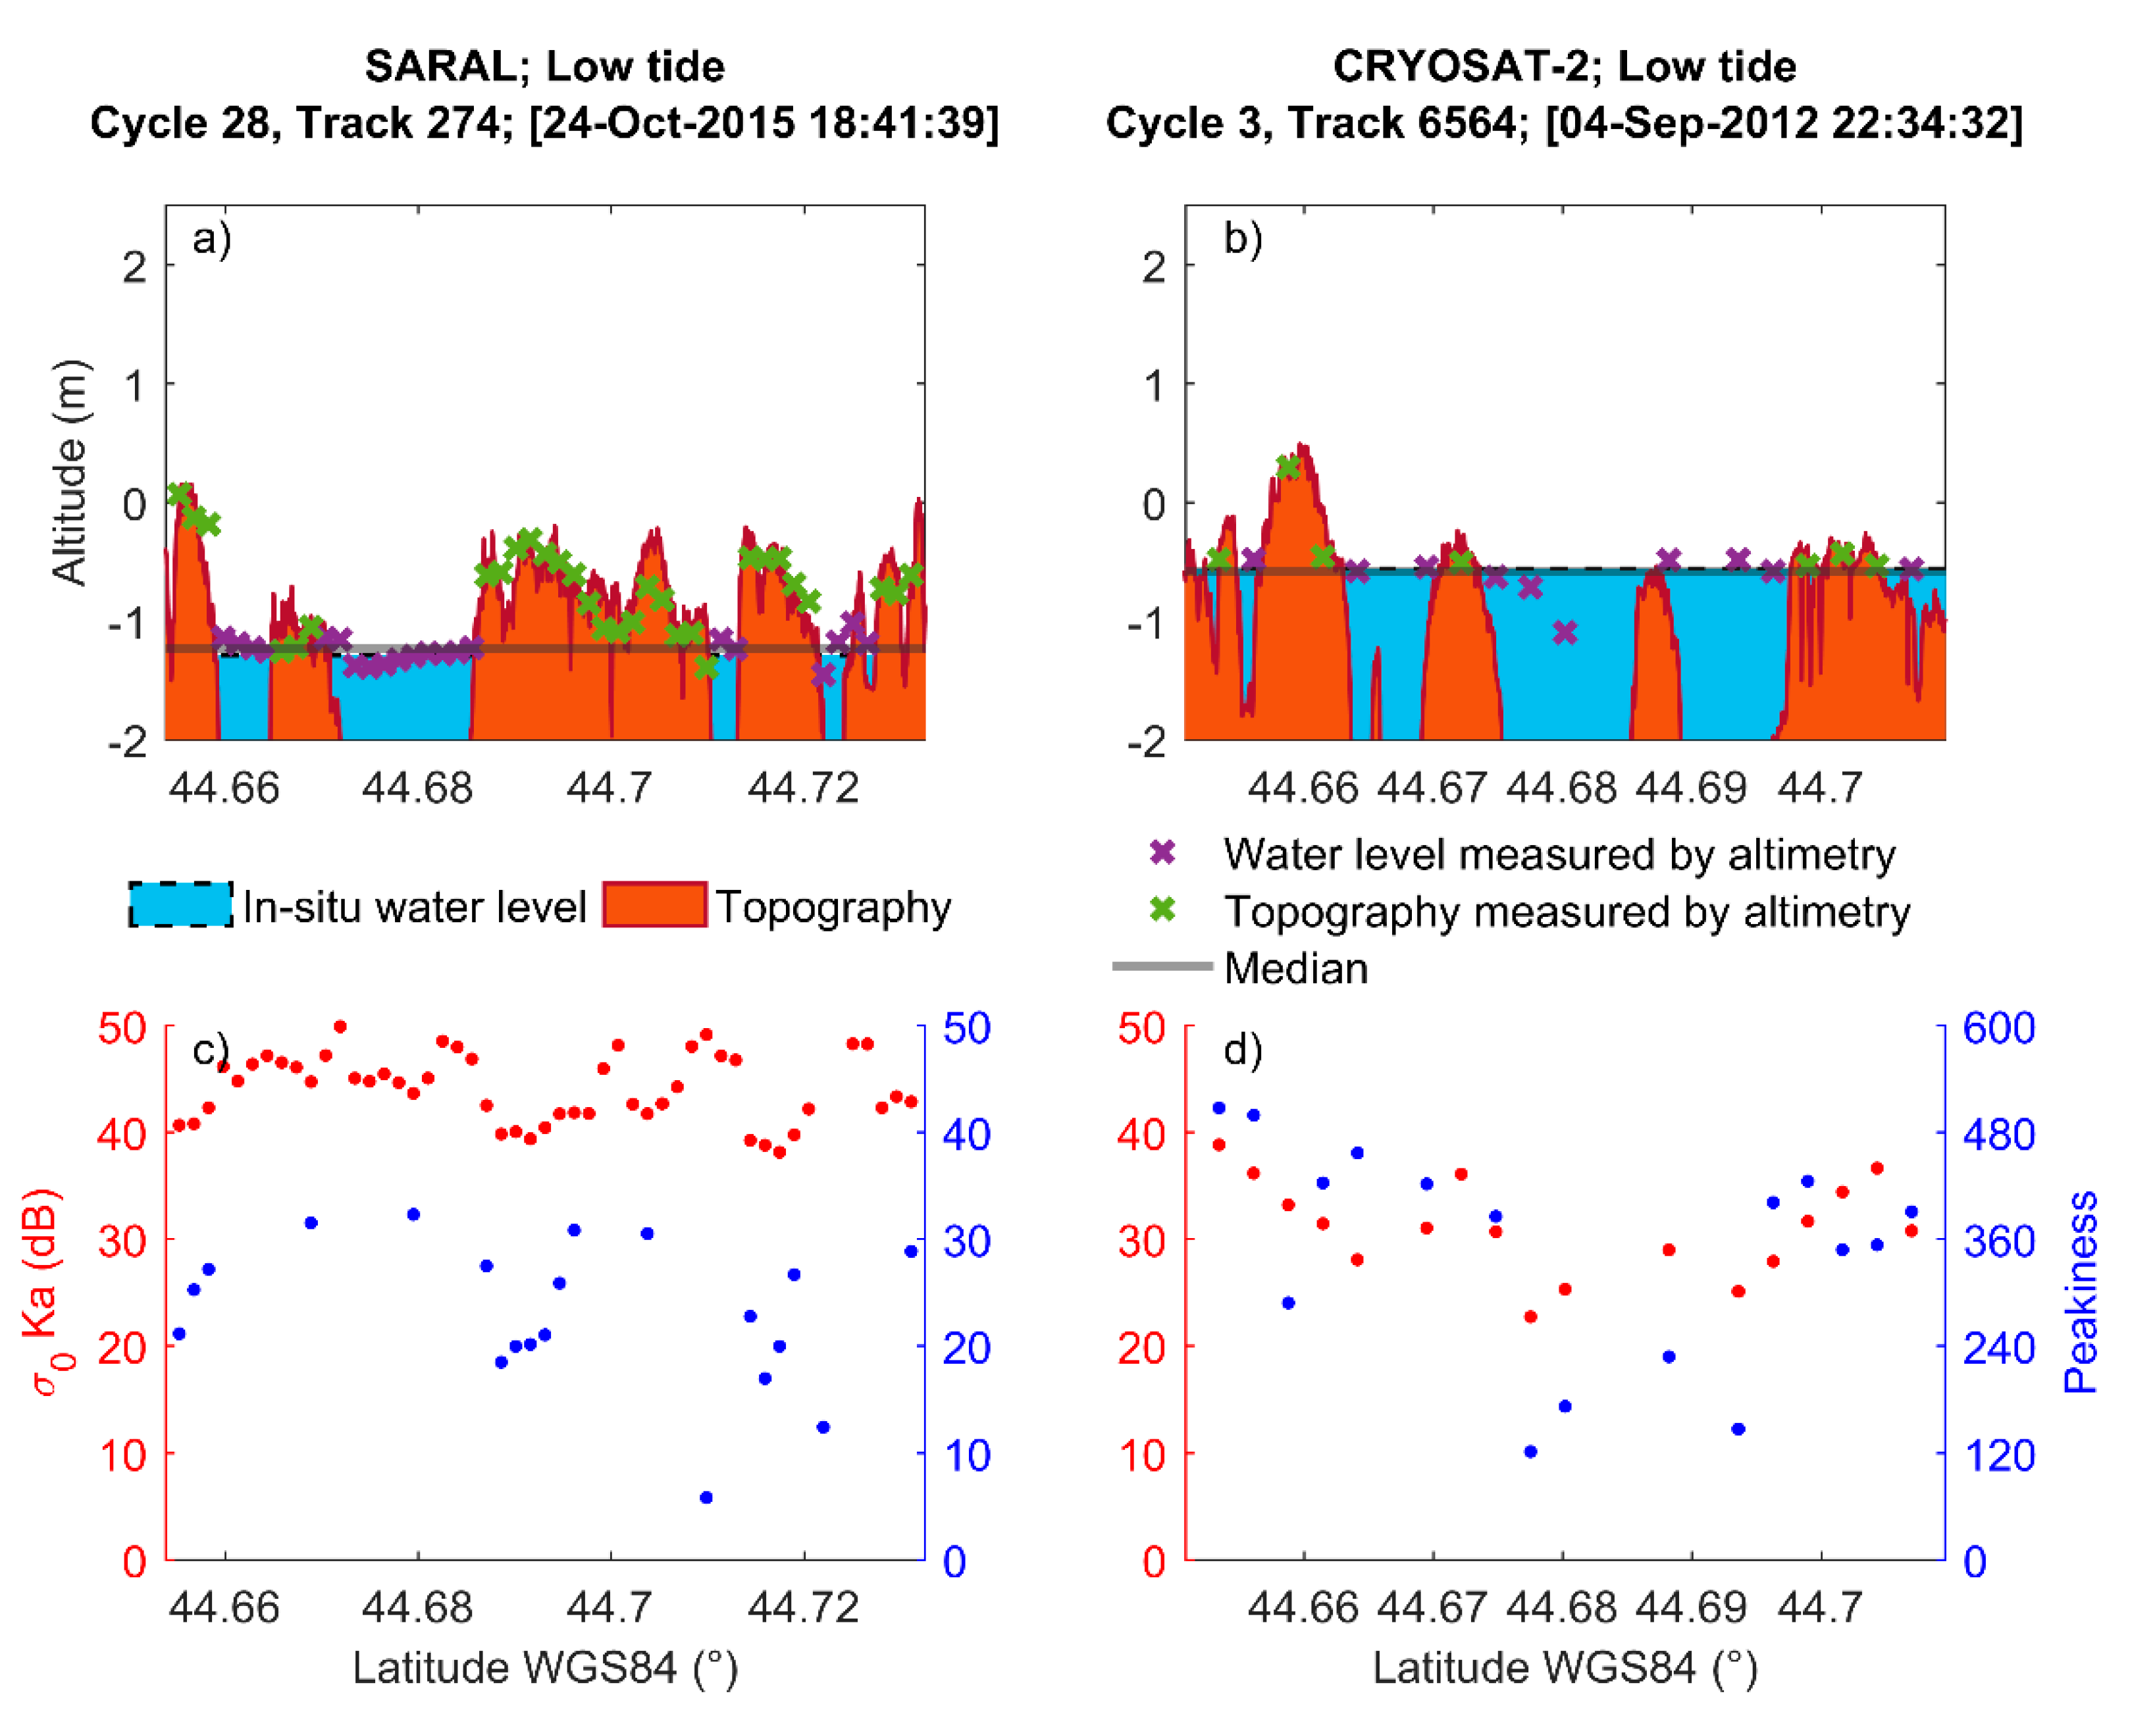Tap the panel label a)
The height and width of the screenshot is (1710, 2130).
(x=211, y=240)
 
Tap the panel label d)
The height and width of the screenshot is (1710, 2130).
(x=1242, y=1050)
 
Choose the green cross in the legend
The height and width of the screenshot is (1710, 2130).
(x=1163, y=910)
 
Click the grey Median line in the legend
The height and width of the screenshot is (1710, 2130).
(x=1162, y=966)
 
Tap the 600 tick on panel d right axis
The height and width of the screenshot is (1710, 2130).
(x=1998, y=1028)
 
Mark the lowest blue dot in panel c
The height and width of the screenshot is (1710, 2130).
(x=706, y=1497)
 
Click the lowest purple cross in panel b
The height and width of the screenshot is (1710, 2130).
(x=1565, y=633)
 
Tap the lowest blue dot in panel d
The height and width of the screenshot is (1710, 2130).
(x=1530, y=1452)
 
